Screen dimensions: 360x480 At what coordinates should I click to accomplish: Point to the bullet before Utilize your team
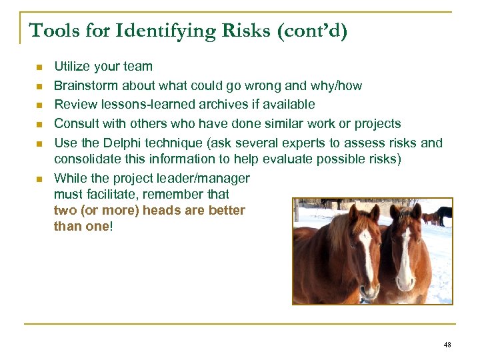(39, 67)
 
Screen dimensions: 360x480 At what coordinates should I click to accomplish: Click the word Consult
(75, 123)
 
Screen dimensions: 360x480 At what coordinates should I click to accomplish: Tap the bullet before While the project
(39, 179)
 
